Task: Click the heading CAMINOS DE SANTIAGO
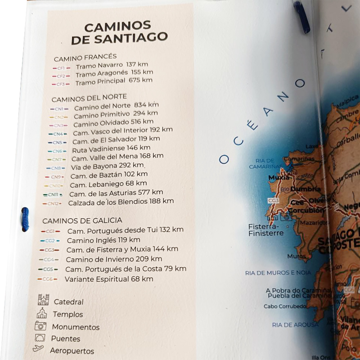119,33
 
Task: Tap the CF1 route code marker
61,67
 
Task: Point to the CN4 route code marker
58,134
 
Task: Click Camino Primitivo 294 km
116,114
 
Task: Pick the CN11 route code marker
54,194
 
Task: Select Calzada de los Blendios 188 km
121,202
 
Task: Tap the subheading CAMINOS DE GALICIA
82,220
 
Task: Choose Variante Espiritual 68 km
108,279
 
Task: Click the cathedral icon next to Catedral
43,300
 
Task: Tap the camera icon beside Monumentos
40,325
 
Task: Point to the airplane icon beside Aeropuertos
38,348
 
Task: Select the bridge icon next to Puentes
40,337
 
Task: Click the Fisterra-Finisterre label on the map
266,230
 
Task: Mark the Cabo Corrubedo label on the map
285,306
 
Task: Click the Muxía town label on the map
279,177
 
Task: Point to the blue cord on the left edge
25,219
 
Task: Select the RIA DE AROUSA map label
295,324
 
